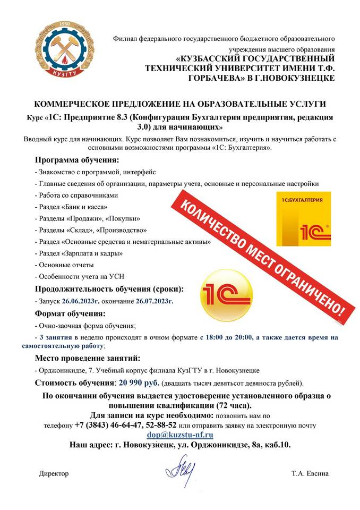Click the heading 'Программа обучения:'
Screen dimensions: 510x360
(77, 159)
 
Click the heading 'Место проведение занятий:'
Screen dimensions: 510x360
(88, 358)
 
